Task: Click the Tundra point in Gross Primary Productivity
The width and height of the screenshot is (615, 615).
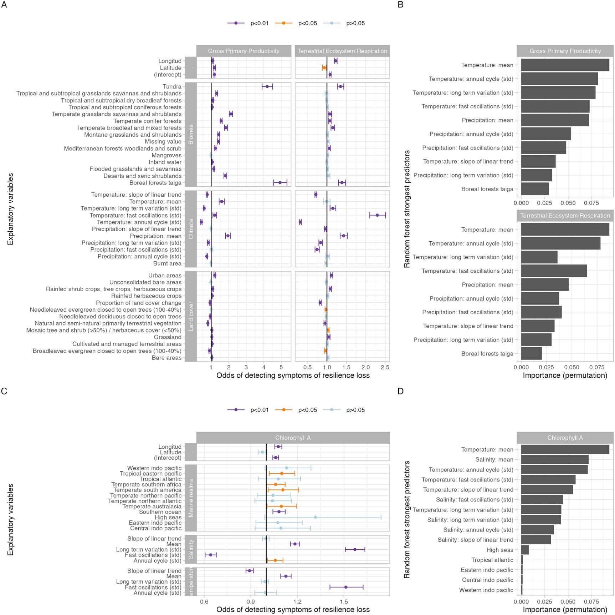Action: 267,86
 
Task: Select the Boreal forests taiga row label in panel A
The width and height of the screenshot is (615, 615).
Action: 155,183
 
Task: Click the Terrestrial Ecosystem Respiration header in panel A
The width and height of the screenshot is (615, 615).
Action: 342,51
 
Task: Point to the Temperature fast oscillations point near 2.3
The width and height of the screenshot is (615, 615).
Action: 377,215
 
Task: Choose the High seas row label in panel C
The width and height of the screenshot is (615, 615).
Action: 168,517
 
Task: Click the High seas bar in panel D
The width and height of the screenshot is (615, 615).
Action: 525,550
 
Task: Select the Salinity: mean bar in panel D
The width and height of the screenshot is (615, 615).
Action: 554,459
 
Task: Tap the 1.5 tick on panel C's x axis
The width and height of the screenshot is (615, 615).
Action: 344,601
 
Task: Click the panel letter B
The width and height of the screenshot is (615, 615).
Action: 400,5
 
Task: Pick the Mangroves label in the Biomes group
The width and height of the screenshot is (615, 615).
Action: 166,155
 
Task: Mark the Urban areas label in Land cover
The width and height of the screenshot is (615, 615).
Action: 165,275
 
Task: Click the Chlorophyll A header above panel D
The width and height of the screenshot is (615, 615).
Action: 565,438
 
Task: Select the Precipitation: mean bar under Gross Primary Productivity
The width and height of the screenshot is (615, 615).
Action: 555,120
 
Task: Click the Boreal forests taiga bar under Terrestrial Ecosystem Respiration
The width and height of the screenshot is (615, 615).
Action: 531,353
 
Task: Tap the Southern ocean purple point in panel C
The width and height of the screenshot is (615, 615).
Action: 279,512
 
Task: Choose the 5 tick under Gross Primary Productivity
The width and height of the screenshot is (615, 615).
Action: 281,367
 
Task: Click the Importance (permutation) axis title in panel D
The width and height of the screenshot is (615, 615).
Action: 565,610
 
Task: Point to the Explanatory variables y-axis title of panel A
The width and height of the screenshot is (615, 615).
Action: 11,209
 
